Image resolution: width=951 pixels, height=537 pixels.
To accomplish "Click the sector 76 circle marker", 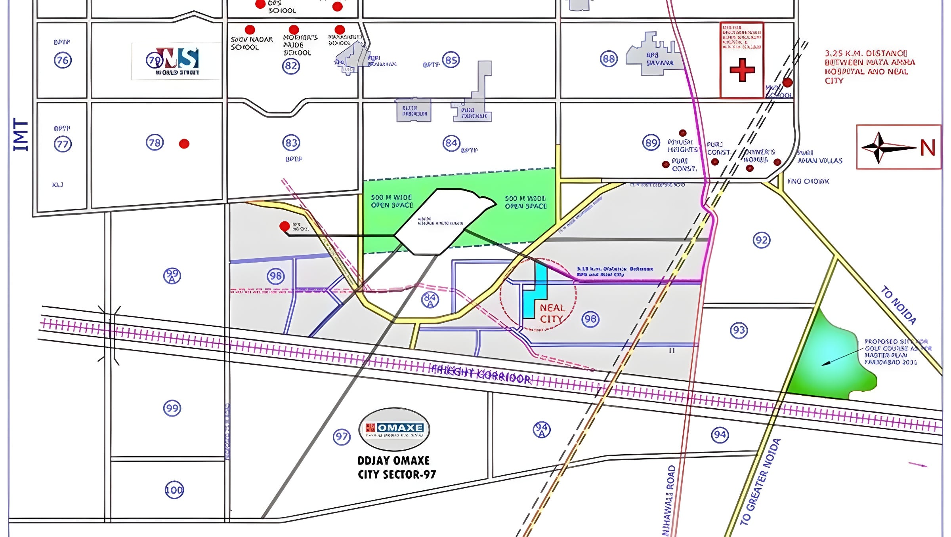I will point(63,61).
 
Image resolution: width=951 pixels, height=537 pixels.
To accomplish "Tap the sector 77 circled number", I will point(63,144).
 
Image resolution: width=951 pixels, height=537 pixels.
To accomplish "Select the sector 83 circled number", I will point(291,143).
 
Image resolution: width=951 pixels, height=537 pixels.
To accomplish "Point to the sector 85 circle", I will point(451,60).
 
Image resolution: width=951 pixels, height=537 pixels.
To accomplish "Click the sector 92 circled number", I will point(761,240).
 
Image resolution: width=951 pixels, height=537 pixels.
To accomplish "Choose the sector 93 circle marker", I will point(739,330).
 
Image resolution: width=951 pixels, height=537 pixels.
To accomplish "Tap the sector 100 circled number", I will point(174,490).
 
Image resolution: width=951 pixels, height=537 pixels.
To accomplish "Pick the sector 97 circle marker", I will point(342,437).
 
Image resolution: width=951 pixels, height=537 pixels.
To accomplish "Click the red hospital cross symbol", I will point(742,70).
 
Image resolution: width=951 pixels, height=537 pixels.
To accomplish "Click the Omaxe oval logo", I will point(394,429).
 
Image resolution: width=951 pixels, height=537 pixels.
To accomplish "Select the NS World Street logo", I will point(176,61).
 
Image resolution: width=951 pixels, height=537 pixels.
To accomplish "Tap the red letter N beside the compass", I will point(928,148).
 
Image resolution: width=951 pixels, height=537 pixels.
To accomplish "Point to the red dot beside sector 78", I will point(184,144).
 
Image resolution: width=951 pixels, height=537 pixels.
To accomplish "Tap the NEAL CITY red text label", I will point(552,313).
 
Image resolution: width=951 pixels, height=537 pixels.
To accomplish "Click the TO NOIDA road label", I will point(898,305).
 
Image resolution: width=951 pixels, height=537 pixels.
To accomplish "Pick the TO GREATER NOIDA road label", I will point(760,482).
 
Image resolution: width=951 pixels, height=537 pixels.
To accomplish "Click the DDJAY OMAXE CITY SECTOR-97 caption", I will point(396,467).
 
